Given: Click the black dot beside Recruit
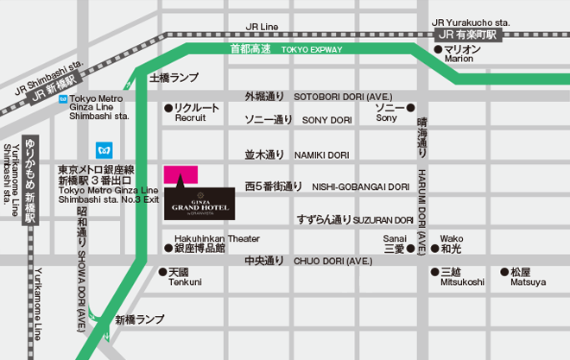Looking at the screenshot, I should (168, 108).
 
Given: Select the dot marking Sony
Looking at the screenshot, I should (410, 108).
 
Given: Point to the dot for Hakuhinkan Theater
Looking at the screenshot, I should (168, 248).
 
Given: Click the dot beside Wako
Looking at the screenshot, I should (434, 249).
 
